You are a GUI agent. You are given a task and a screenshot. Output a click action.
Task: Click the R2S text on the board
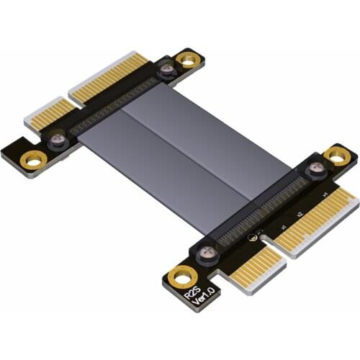click(192, 291)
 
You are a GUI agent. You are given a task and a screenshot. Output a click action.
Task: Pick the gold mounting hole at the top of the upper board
click(188, 60)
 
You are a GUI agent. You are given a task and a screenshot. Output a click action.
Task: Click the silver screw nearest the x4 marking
click(315, 171)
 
